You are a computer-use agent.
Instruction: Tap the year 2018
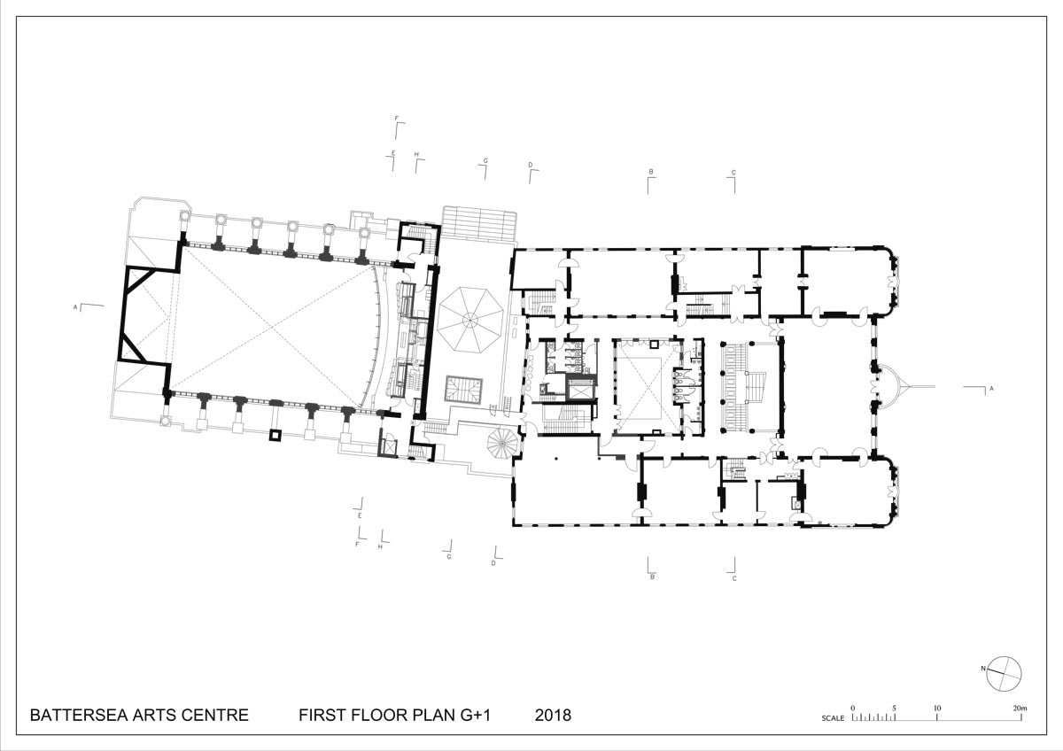point(553,716)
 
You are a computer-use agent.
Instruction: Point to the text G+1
point(475,716)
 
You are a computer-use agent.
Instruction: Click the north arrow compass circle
point(1004,675)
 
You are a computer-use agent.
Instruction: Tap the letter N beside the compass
point(983,669)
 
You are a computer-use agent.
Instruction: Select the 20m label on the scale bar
point(1020,708)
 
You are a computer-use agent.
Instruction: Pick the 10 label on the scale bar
point(937,708)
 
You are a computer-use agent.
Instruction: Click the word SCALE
point(833,718)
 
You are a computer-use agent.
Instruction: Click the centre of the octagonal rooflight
point(469,321)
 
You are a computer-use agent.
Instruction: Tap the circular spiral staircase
point(502,443)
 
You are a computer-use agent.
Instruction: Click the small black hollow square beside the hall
point(275,435)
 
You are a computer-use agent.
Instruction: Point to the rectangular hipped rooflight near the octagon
point(463,390)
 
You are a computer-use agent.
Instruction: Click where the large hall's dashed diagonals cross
point(273,327)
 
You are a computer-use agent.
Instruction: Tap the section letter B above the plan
point(651,172)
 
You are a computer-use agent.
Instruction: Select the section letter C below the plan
point(734,579)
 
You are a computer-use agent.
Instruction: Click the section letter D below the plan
point(493,563)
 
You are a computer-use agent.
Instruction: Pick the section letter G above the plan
point(485,161)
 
